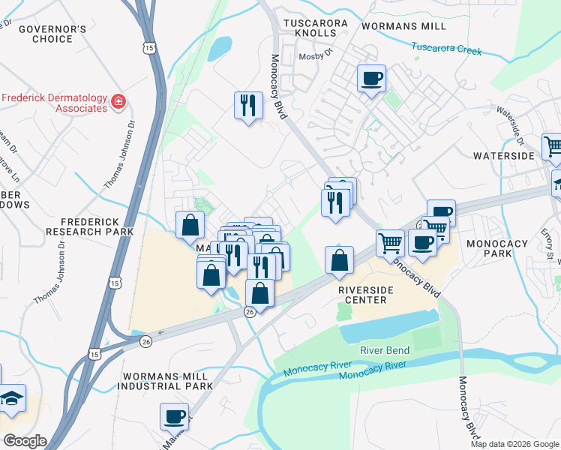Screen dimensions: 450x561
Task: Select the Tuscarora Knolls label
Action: tap(315, 28)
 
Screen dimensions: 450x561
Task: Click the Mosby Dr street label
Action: tap(315, 56)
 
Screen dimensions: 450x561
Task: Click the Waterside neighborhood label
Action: tap(503, 156)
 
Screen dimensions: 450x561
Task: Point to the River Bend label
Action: tap(385, 350)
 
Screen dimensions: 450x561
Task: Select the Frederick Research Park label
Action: tap(97, 226)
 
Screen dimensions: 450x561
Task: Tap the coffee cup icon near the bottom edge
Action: tap(175, 415)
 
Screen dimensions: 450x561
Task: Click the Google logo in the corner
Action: tap(25, 441)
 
